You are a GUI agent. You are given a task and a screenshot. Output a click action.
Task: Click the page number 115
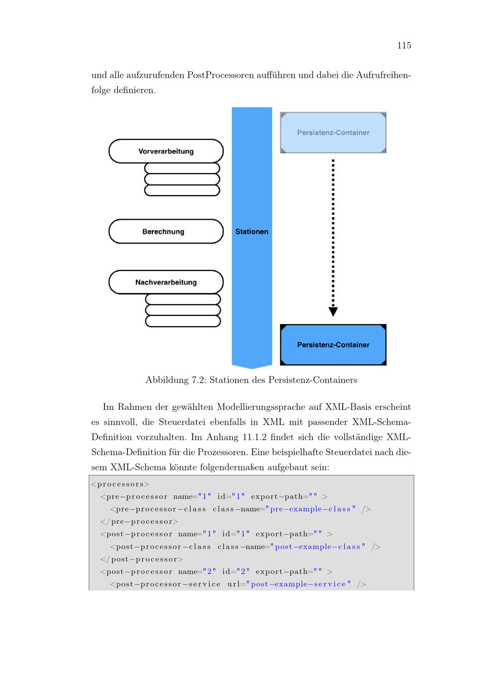click(404, 46)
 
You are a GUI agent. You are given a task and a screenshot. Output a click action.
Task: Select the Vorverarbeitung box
click(166, 151)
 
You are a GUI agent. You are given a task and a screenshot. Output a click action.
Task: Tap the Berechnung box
click(166, 231)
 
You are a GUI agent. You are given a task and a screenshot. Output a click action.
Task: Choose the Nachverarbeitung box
click(166, 282)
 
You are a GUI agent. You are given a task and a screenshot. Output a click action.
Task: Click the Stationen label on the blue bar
click(252, 232)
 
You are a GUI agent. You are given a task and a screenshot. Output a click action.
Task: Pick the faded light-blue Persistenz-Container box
click(333, 132)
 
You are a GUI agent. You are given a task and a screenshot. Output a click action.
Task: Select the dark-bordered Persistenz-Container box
click(333, 345)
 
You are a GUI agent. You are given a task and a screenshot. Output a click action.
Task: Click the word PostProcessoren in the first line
click(220, 75)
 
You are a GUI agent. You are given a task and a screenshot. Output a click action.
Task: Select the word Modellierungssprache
click(261, 408)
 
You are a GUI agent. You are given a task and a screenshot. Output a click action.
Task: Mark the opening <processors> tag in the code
click(120, 484)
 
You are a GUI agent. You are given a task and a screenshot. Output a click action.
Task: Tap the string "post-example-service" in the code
click(299, 584)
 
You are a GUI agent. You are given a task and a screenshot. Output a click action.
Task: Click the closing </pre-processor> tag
click(139, 522)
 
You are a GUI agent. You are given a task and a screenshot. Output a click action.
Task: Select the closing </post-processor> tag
click(142, 559)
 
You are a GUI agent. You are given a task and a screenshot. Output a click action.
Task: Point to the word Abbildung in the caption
click(167, 380)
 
